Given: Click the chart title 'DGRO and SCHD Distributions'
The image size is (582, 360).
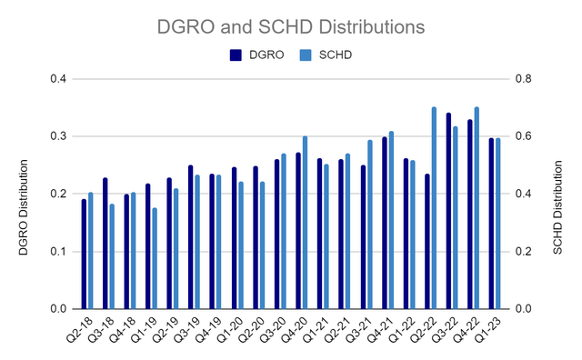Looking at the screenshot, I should (x=291, y=27).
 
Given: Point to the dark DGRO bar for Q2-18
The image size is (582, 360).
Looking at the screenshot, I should (x=84, y=254).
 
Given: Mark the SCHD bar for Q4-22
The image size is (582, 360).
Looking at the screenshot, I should (x=477, y=208).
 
